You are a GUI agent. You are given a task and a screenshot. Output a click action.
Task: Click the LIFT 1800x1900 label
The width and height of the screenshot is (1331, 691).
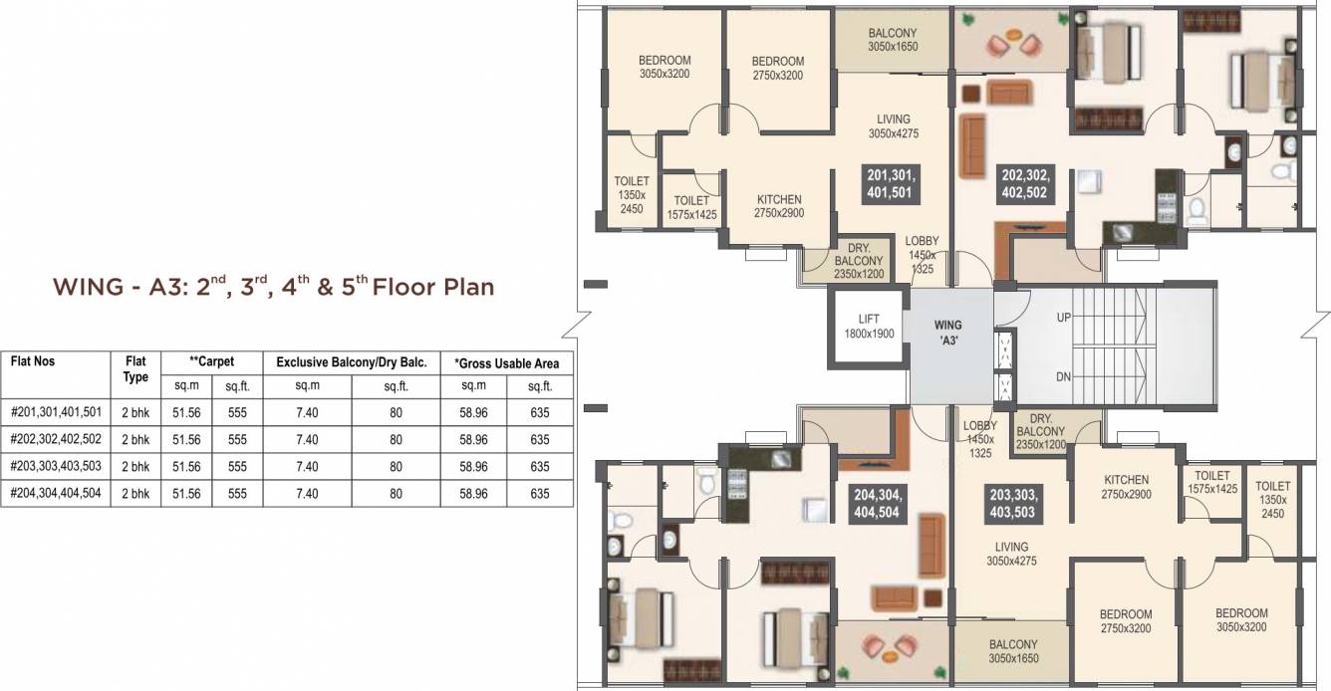click(x=869, y=327)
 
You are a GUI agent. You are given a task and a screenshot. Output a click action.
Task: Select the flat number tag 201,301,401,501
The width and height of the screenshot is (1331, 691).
click(x=890, y=184)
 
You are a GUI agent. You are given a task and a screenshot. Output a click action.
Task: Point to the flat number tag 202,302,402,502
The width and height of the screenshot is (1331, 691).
click(x=1024, y=184)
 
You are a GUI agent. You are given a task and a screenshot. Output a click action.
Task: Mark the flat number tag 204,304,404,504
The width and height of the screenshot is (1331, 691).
click(x=877, y=503)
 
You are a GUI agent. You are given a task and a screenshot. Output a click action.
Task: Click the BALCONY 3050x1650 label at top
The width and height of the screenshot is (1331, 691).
click(x=892, y=40)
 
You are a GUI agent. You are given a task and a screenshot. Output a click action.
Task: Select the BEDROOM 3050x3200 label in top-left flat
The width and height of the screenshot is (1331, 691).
click(x=664, y=67)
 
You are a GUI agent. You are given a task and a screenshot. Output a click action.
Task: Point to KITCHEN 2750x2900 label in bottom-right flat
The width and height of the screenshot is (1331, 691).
click(x=1126, y=487)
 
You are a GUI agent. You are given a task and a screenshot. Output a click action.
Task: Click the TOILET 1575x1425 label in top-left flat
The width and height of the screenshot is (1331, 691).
click(x=691, y=207)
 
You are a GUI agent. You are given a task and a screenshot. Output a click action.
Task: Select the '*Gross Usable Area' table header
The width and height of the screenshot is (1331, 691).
click(x=506, y=363)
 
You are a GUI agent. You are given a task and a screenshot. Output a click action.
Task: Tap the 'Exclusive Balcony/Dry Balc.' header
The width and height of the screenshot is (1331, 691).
click(x=351, y=363)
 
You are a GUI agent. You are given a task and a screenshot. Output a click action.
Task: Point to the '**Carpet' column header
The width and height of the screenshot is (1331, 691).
click(x=211, y=361)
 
